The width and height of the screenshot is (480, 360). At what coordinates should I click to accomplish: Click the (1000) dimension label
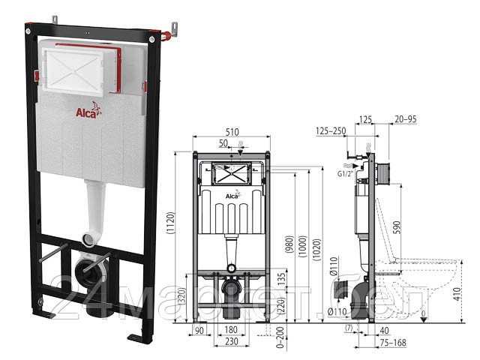pos(301,248)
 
